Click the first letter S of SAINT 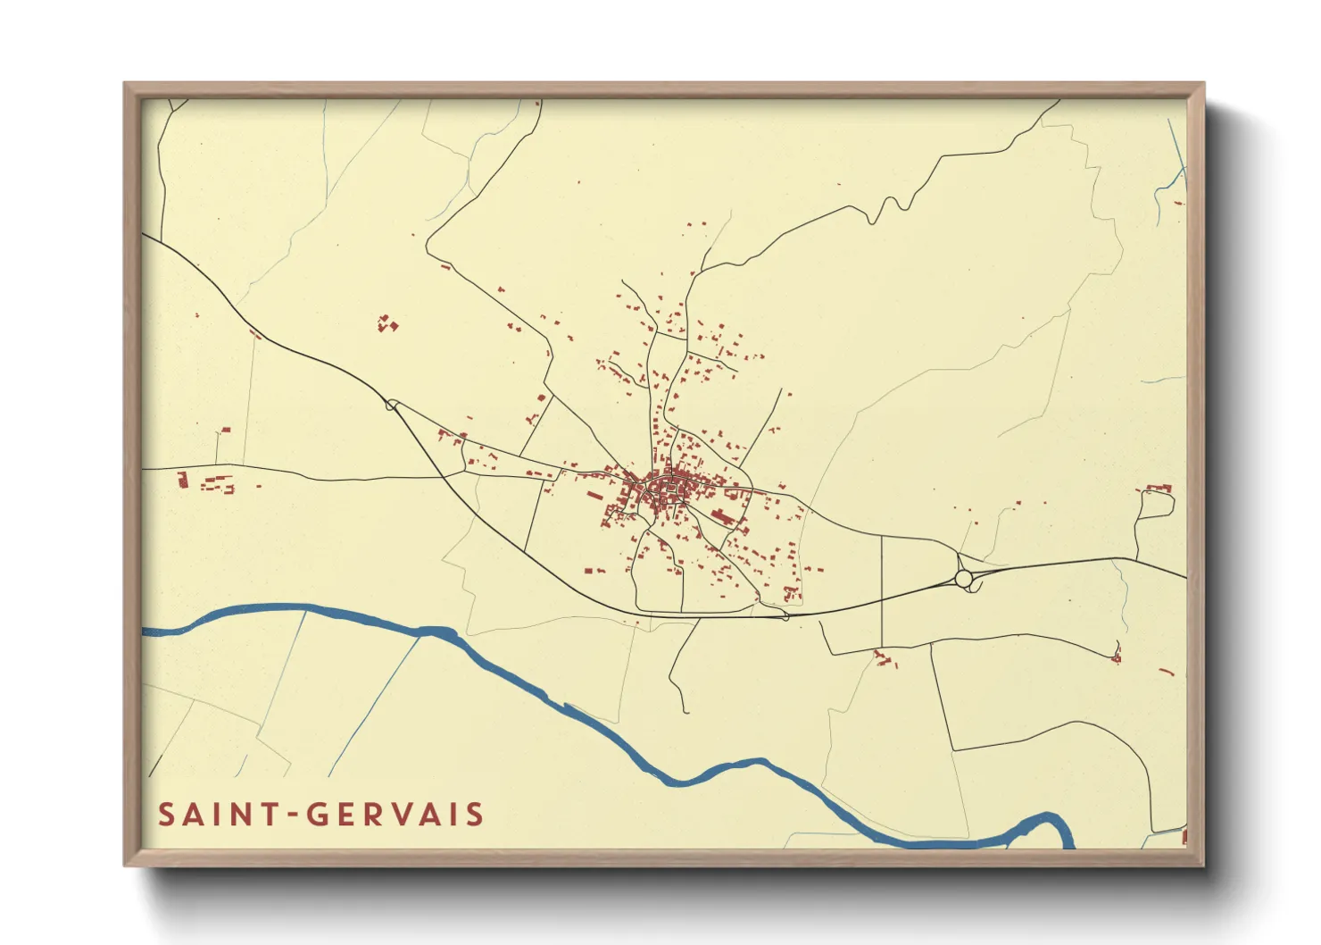[166, 815]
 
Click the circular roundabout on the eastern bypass [963, 579]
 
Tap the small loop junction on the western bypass [391, 405]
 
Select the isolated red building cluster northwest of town [386, 323]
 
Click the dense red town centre [665, 488]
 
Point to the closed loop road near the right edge [1156, 505]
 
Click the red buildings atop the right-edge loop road [1159, 489]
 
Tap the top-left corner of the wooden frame [127, 86]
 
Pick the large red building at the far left [183, 480]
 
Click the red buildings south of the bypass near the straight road [884, 659]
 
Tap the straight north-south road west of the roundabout [882, 590]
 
